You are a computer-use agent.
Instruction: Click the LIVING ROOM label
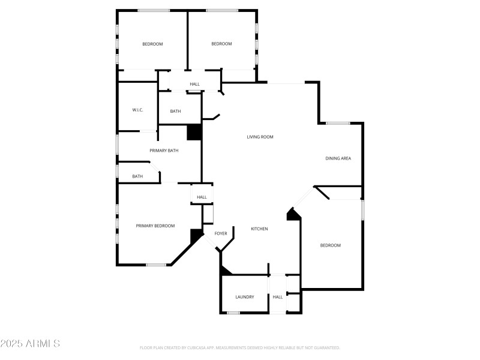[260, 137]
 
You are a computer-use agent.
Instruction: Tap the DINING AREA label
[338, 158]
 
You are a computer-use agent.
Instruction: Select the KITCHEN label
[259, 229]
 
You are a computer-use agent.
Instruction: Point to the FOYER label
[221, 233]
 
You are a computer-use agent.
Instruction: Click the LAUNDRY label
[244, 297]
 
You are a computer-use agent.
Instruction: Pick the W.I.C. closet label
[137, 110]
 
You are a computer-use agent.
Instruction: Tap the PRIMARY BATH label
[164, 151]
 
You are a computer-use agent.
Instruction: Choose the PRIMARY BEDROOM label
[155, 226]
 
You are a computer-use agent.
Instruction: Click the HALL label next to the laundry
[277, 297]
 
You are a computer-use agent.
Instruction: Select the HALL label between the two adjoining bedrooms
[194, 84]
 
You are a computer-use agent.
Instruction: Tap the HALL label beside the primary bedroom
[202, 197]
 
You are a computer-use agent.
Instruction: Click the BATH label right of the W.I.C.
[175, 111]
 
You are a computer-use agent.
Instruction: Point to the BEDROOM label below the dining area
[330, 245]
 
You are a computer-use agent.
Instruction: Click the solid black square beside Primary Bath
[194, 133]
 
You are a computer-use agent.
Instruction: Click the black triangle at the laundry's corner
[224, 271]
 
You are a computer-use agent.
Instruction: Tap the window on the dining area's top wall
[338, 124]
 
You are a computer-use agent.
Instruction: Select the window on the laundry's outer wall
[233, 313]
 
